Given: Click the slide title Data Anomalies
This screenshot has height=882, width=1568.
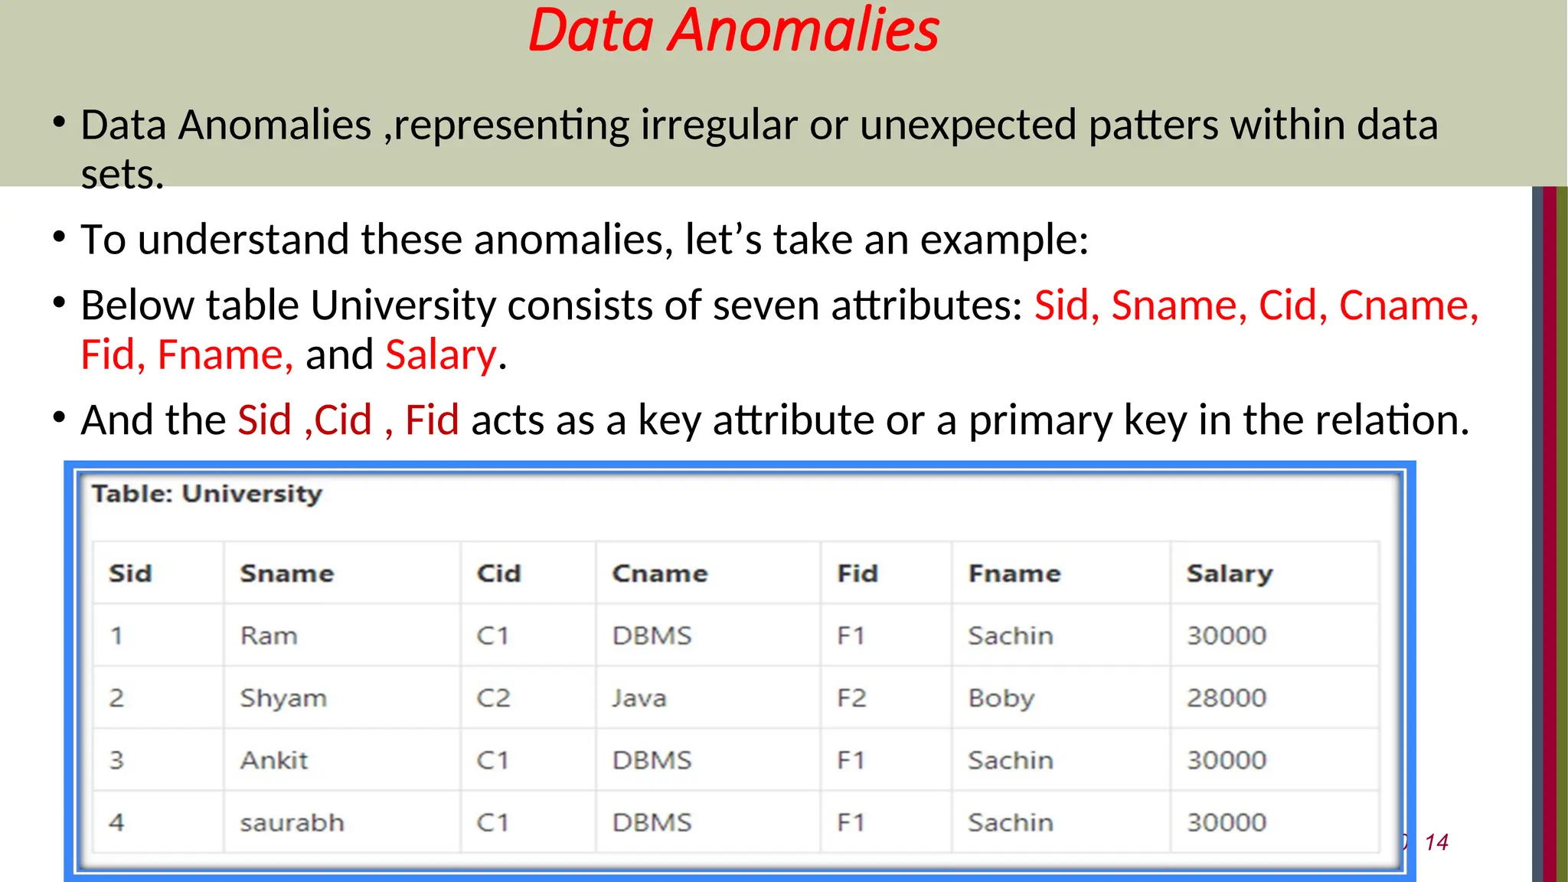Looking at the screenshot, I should click(733, 31).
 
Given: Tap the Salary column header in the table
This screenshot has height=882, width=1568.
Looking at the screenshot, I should click(1229, 573).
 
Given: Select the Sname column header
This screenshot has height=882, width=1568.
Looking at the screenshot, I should click(286, 573).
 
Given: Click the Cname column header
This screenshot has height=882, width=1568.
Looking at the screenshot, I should click(659, 573).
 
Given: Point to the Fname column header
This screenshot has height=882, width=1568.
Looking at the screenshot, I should click(1014, 573).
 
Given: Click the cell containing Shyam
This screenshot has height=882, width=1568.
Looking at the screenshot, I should click(283, 698).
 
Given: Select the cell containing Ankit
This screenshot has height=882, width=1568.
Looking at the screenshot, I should click(273, 760).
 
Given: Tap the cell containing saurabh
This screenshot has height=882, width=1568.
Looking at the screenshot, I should click(292, 822).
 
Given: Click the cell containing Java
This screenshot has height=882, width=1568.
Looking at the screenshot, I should click(639, 698).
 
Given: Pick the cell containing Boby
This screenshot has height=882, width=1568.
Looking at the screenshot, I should click(1001, 698).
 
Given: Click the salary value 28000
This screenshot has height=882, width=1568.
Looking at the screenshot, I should click(1226, 698).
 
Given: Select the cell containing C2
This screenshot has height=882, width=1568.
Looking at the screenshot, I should click(492, 698).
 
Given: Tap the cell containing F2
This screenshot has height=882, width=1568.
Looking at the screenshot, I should click(851, 698).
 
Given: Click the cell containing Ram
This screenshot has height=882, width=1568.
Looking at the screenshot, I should click(268, 635).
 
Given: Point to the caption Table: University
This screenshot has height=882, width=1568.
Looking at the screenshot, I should click(207, 494).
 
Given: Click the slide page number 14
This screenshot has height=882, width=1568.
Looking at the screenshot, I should click(1436, 842).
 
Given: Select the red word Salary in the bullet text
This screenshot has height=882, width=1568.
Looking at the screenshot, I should click(441, 355).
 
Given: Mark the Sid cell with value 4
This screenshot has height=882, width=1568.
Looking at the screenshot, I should click(116, 822).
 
